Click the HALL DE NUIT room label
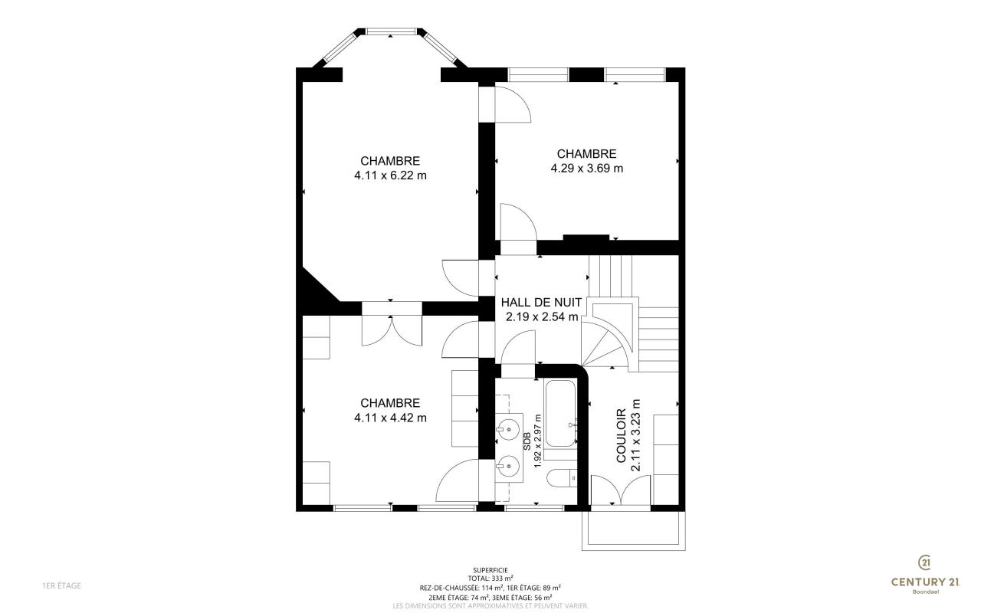pos(541,303)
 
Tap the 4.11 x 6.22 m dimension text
pos(390,175)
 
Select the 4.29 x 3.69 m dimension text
pos(587,169)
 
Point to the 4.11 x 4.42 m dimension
pos(390,418)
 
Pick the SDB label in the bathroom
pos(527,441)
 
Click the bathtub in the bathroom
pos(560,413)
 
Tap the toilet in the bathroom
pos(562,479)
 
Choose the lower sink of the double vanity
pos(508,465)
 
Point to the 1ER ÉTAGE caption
pos(62,585)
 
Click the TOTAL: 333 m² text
pos(490,578)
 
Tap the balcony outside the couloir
pos(633,530)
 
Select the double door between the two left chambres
pos(392,330)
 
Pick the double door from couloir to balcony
pos(621,490)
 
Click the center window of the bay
pos(391,31)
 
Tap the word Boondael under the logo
pos(925,592)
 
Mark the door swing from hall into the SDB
pos(517,347)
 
